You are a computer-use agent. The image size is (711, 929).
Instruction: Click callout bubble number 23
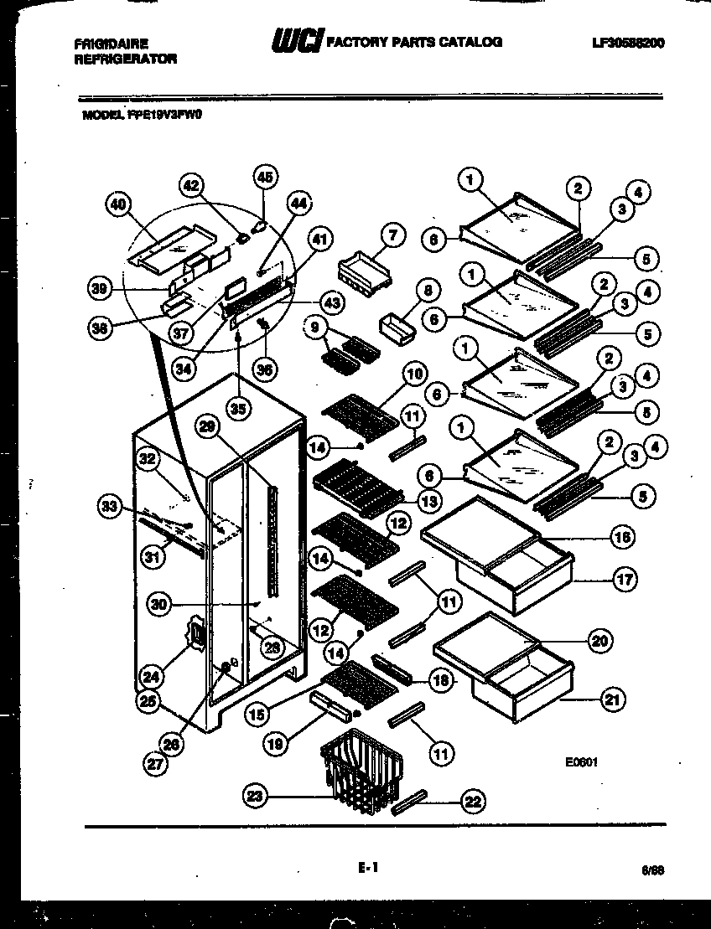coord(257,796)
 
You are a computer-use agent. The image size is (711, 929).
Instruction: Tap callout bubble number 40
coord(120,203)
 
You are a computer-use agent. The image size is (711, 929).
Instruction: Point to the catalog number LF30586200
coord(626,43)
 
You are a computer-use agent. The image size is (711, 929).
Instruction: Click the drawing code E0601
coord(580,762)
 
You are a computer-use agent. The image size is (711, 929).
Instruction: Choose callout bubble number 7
coord(392,237)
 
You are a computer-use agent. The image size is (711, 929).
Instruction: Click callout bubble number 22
coord(474,802)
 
